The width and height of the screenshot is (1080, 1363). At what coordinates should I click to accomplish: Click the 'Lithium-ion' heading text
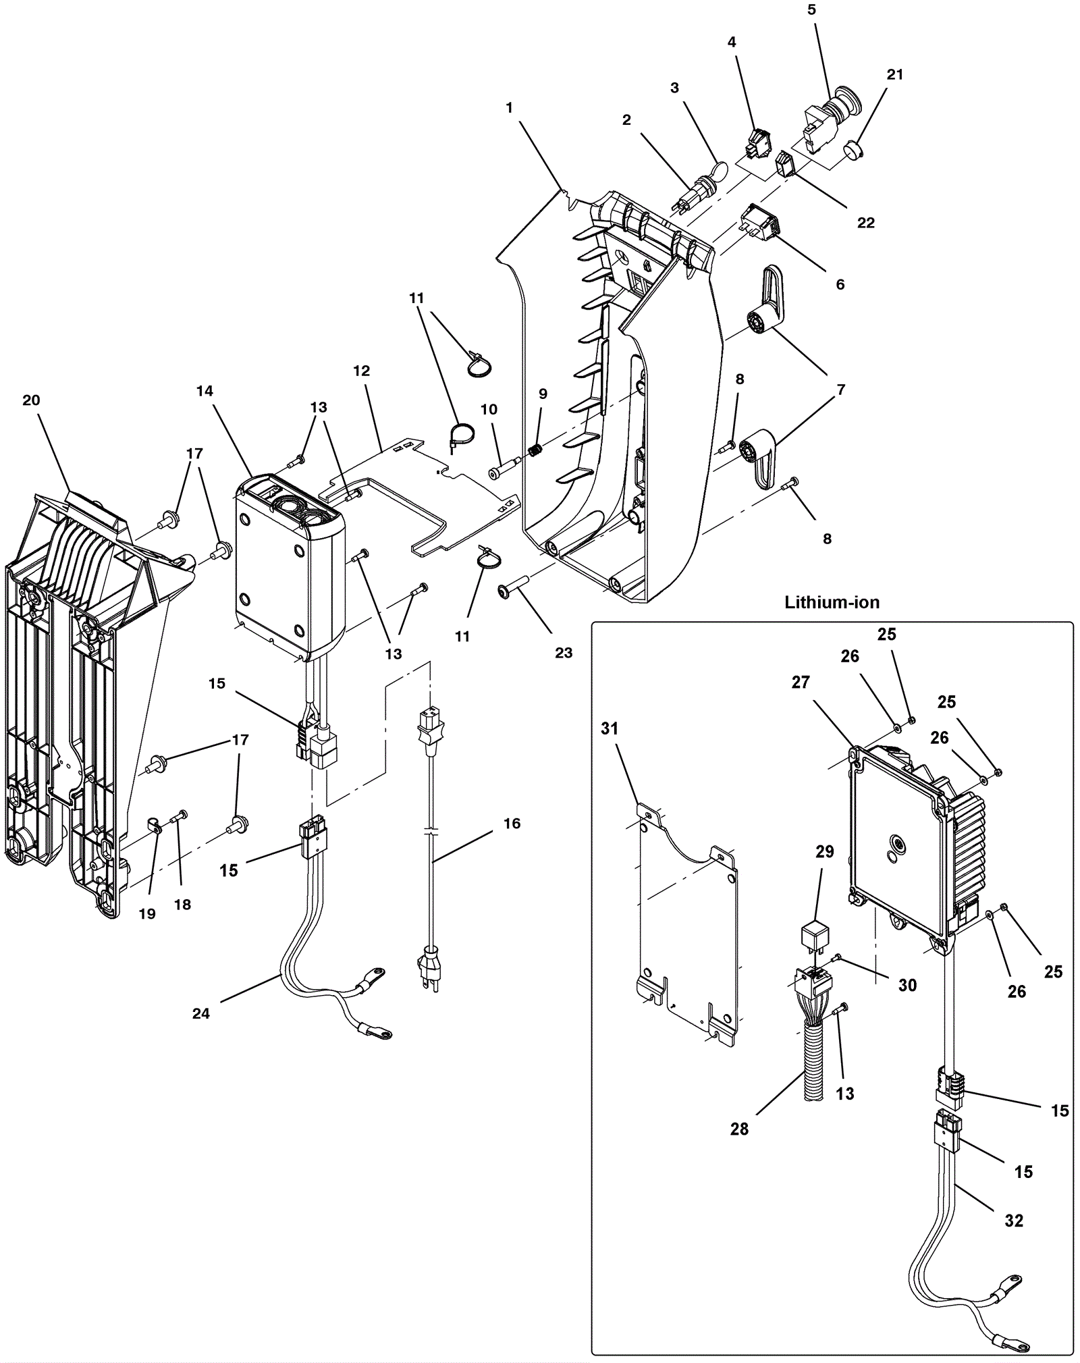coord(832,602)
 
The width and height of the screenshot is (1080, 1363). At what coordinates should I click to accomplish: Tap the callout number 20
coord(31,400)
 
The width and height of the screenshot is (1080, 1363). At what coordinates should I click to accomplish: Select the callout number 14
coord(205,391)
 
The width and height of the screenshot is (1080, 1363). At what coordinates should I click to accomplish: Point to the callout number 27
coord(801,683)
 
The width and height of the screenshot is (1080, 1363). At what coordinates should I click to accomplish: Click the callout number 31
coord(610,728)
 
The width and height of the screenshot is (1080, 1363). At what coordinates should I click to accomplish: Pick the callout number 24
coord(201,1013)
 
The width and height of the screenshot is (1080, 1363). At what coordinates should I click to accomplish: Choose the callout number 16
coord(512,823)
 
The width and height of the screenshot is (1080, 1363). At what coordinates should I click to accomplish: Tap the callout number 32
coord(1014,1221)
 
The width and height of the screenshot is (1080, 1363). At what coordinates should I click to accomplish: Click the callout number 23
coord(564,653)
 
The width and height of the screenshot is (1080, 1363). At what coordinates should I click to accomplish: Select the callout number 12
coord(362,371)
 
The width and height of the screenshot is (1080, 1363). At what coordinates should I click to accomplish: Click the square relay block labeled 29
coord(815,936)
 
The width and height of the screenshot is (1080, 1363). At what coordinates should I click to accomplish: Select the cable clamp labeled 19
coord(153,825)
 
